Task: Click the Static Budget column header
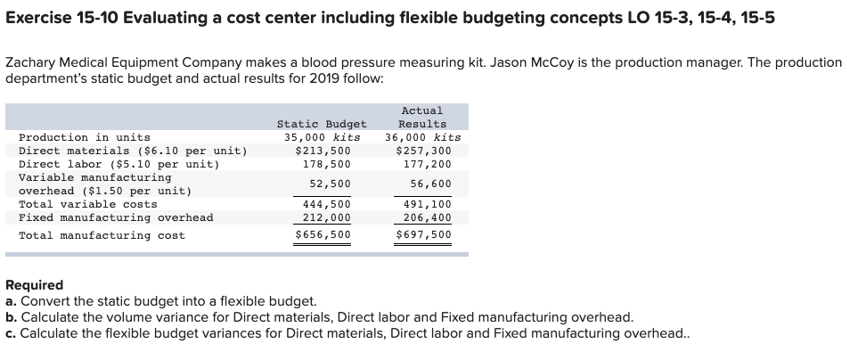click(322, 124)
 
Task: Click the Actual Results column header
click(422, 117)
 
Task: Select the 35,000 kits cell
click(322, 137)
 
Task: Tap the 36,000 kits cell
click(422, 137)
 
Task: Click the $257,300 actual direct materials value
click(423, 151)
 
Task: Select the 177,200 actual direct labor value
click(427, 164)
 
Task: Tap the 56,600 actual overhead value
click(429, 184)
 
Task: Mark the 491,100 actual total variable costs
click(427, 204)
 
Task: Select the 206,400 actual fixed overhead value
click(427, 217)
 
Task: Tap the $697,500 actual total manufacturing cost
click(423, 235)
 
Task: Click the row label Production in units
click(85, 137)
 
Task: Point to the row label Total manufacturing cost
click(102, 235)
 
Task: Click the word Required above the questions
click(35, 286)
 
